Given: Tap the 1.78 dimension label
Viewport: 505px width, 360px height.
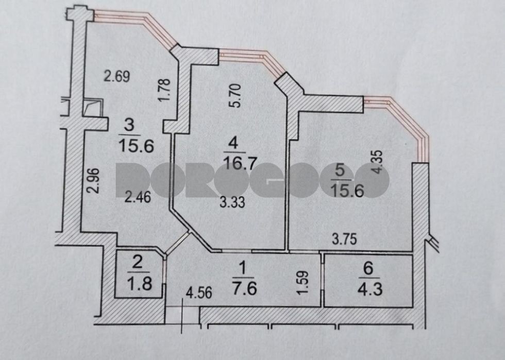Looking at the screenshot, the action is (164, 90).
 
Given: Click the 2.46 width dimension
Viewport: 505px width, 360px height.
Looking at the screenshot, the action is (138, 197).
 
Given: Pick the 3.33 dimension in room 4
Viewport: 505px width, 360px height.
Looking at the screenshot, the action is (232, 202).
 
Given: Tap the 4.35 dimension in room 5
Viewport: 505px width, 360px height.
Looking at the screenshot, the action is (377, 162).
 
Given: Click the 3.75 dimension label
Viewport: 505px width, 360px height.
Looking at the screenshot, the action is (345, 239).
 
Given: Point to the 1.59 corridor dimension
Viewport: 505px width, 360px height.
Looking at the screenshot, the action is (304, 282).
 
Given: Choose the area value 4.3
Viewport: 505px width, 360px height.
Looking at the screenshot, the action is (370, 288).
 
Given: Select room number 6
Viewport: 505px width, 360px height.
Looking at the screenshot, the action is (368, 268).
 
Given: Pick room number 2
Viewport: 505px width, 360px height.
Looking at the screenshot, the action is (137, 263).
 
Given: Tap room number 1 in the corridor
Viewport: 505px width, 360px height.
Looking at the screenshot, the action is (243, 267).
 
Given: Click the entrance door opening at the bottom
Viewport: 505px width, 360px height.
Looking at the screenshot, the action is (182, 314).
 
